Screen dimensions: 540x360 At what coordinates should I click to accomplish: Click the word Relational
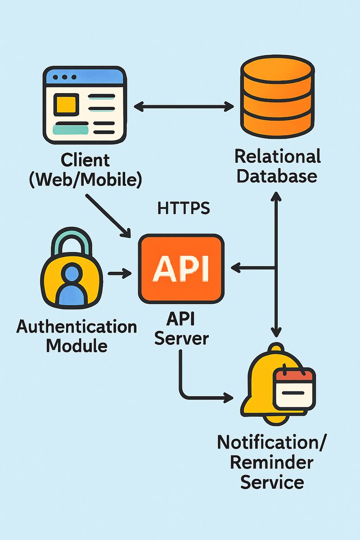coord(278,157)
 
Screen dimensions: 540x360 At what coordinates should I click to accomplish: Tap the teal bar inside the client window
coord(70,130)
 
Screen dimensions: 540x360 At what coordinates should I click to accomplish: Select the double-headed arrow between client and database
coord(184,107)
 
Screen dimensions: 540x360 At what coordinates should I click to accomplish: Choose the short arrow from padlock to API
coord(119,273)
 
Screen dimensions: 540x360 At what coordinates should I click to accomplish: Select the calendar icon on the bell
coord(295,388)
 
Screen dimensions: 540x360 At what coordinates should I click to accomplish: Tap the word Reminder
coord(272,462)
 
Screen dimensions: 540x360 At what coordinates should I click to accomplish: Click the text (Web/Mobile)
coord(85,179)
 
